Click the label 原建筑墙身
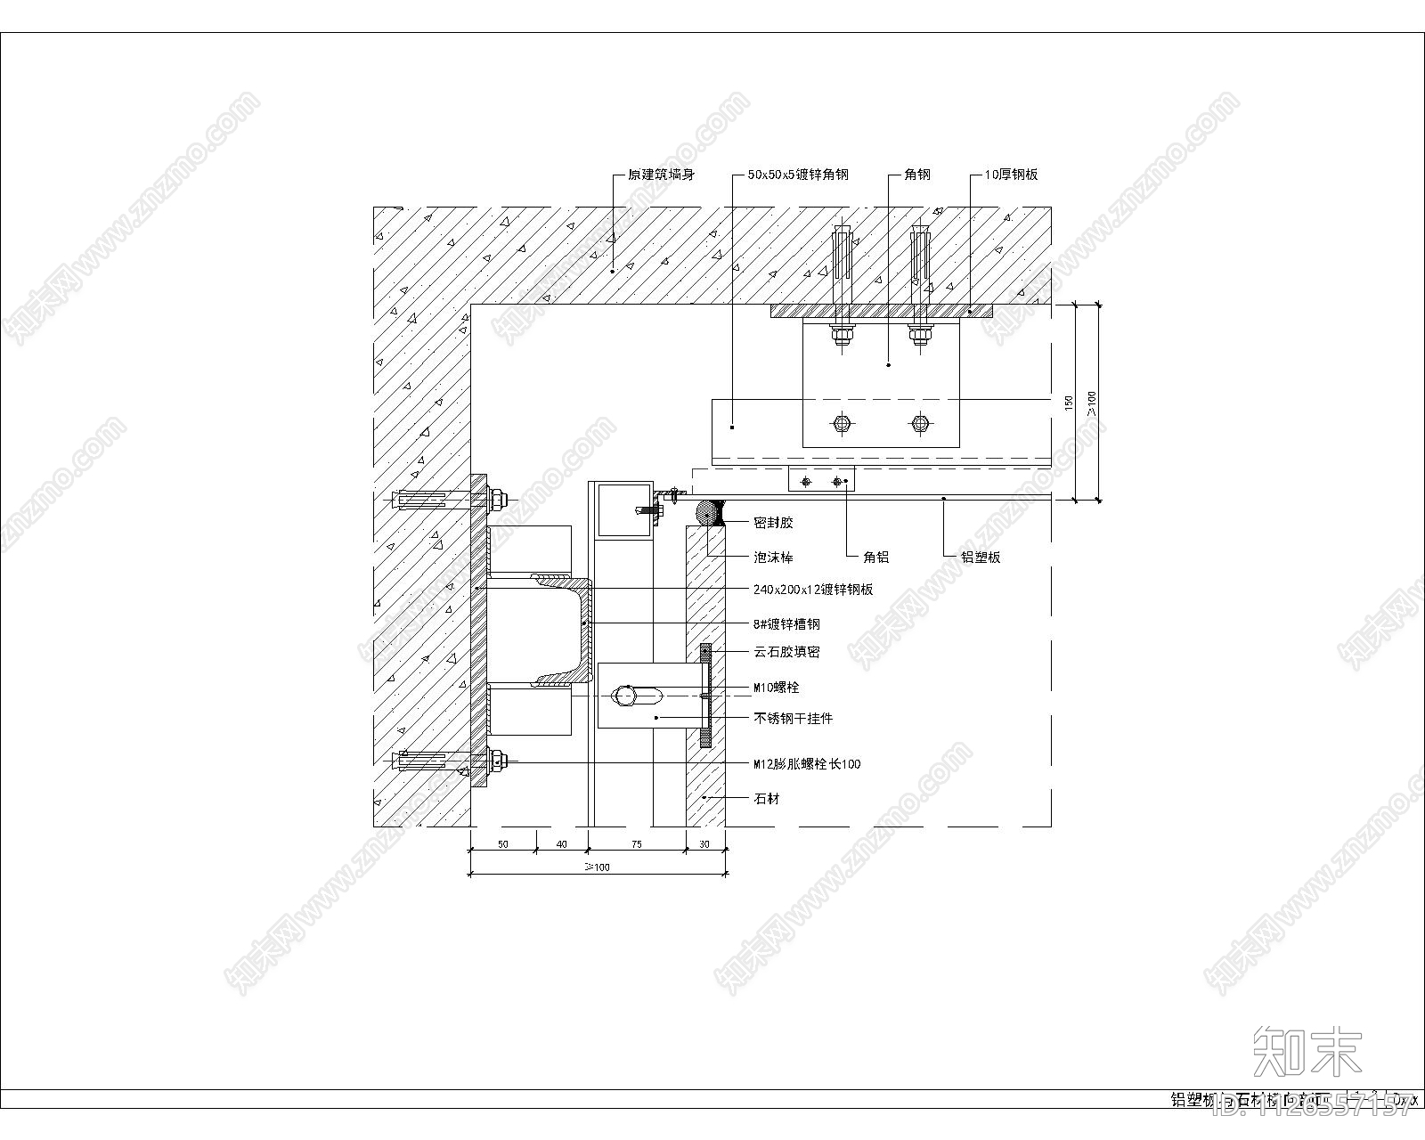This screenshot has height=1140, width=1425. pyautogui.click(x=661, y=175)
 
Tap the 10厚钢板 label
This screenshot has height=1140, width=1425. pyautogui.click(x=1011, y=175)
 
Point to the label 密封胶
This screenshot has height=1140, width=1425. pyautogui.click(x=773, y=523)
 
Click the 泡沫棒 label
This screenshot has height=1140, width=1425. pyautogui.click(x=773, y=558)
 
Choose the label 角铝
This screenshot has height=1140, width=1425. pyautogui.click(x=876, y=558)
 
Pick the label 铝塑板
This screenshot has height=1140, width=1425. pyautogui.click(x=981, y=558)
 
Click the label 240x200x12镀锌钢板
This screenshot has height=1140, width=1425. pyautogui.click(x=813, y=590)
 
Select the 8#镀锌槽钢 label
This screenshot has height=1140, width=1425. pyautogui.click(x=786, y=624)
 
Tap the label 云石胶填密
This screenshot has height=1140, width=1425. pyautogui.click(x=786, y=652)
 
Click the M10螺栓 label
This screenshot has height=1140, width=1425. pyautogui.click(x=777, y=688)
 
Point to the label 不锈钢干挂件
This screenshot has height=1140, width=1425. pyautogui.click(x=794, y=718)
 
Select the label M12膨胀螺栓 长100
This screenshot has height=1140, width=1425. pyautogui.click(x=807, y=764)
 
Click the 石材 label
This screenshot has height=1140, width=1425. pyautogui.click(x=767, y=799)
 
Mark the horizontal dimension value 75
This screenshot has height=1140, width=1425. pyautogui.click(x=637, y=844)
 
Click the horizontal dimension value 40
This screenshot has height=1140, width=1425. pyautogui.click(x=561, y=844)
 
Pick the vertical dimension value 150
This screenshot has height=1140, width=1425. pyautogui.click(x=1069, y=403)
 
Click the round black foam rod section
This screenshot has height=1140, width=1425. pyautogui.click(x=709, y=514)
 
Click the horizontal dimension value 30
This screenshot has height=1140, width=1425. pyautogui.click(x=704, y=844)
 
